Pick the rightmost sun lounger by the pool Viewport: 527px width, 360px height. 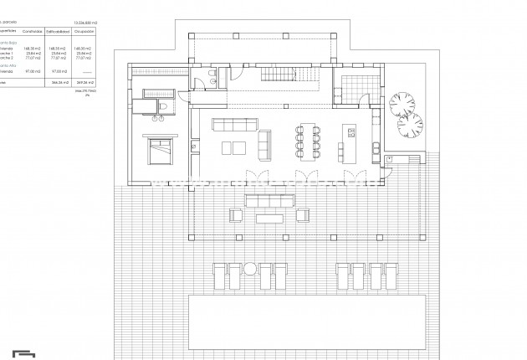[383, 275]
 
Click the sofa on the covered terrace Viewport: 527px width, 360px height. [269, 200]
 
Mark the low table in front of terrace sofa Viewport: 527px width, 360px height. [269, 217]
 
